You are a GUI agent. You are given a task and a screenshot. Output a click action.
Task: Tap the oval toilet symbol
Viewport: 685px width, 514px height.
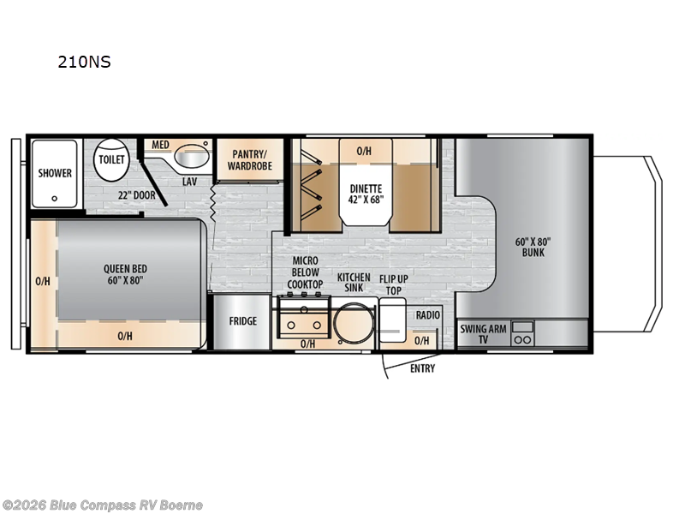(x=111, y=160)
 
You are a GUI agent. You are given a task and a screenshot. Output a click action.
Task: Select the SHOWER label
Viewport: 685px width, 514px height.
(x=55, y=173)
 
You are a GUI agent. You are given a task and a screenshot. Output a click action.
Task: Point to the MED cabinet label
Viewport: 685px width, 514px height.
(x=160, y=145)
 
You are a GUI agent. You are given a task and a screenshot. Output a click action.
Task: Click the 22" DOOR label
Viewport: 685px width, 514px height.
(x=137, y=194)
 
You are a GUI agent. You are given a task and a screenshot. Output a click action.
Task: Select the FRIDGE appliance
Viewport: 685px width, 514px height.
(x=242, y=321)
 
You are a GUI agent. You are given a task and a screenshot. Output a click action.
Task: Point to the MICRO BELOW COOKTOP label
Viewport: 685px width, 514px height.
(x=306, y=272)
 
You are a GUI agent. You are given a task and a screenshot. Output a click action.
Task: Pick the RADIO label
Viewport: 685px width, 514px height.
(x=427, y=315)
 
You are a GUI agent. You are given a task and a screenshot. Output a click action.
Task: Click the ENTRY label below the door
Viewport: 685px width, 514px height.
(x=421, y=368)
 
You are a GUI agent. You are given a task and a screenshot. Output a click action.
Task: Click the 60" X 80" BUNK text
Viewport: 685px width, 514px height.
(x=532, y=248)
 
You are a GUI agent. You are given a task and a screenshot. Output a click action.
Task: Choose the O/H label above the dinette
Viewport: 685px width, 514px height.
(x=364, y=152)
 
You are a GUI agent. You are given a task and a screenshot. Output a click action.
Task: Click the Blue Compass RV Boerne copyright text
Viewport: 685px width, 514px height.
(x=103, y=505)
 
